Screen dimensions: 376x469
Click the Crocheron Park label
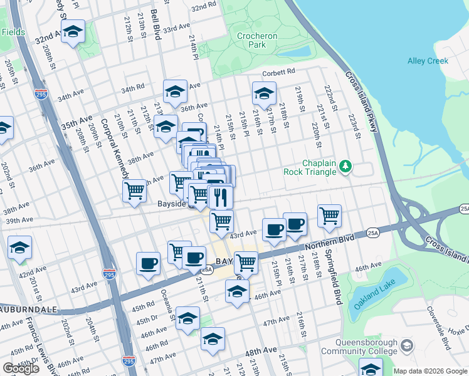(257, 41)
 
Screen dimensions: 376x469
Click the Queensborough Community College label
(366, 347)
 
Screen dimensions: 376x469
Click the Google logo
(21, 368)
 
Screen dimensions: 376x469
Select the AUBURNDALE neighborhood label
(28, 310)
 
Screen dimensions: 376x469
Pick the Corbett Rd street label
(278, 73)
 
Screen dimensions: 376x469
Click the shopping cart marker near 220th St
(329, 216)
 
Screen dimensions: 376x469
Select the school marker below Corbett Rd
(264, 95)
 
